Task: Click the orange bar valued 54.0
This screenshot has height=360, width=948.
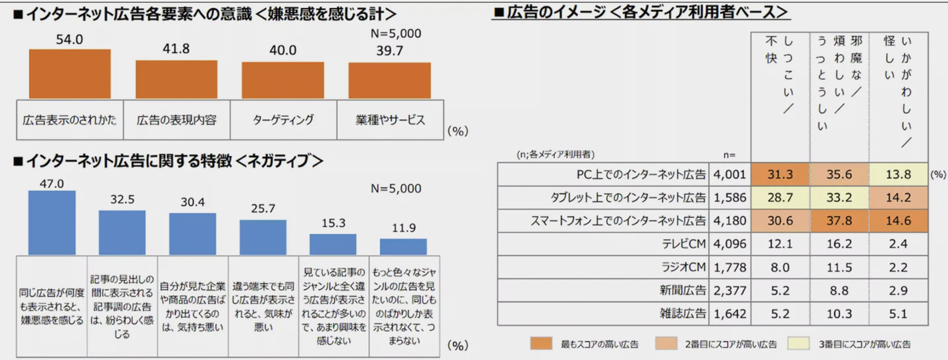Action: pyautogui.click(x=70, y=74)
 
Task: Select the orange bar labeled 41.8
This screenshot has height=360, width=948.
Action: pyautogui.click(x=176, y=79)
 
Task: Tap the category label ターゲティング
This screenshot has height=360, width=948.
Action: pyautogui.click(x=283, y=120)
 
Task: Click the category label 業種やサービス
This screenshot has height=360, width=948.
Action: pyautogui.click(x=390, y=120)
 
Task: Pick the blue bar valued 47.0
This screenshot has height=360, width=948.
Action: pyautogui.click(x=52, y=222)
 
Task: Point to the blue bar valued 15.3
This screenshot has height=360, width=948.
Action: pyautogui.click(x=333, y=244)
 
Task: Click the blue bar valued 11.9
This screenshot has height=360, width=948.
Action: pyautogui.click(x=404, y=247)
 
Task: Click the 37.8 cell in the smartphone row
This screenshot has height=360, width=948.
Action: pyautogui.click(x=839, y=220)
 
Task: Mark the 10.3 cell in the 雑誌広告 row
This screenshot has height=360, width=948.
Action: pyautogui.click(x=839, y=313)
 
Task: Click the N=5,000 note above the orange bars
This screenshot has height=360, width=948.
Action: pyautogui.click(x=396, y=34)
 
